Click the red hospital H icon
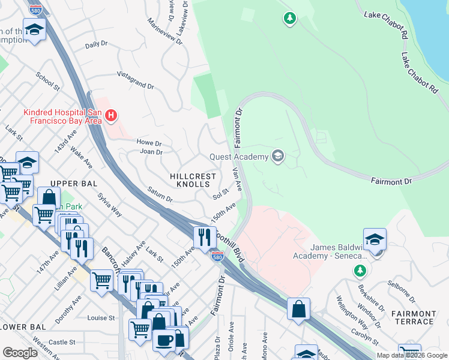[110, 115]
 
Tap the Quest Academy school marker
[277, 157]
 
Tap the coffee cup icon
[163, 340]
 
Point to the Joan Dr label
[151, 152]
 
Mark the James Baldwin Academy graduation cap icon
[375, 239]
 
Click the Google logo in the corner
[20, 353]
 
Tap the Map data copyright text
[412, 355]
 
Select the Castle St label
[62, 342]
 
